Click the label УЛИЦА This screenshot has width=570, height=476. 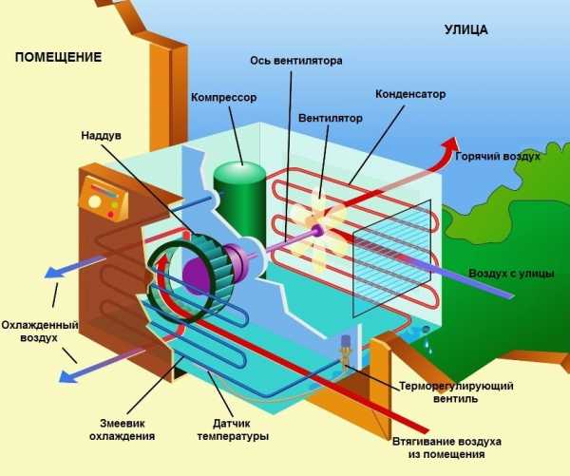tap(465, 29)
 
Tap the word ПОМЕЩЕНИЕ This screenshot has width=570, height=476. tap(58, 57)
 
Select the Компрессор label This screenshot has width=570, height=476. tap(223, 98)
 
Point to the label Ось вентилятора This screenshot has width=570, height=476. tap(295, 61)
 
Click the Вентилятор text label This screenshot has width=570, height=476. tap(331, 120)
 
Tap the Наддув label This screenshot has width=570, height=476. tap(101, 135)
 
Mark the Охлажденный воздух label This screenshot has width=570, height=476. tap(32, 330)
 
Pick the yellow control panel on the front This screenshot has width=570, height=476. tap(104, 199)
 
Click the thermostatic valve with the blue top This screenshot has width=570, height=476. tap(347, 349)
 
